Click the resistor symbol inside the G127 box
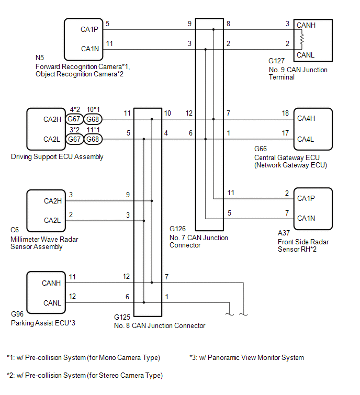[x=301, y=40]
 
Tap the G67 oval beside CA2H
[x=74, y=119]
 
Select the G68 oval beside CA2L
[x=93, y=139]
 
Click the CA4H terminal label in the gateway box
[x=306, y=118]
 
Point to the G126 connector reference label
[x=177, y=229]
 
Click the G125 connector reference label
[x=122, y=317]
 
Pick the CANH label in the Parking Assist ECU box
[x=51, y=283]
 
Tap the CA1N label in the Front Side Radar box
[x=306, y=218]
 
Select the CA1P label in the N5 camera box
[x=89, y=29]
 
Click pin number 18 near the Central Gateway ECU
[x=285, y=113]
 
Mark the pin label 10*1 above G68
[x=93, y=109]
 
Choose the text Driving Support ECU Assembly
[x=57, y=156]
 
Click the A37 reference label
[x=284, y=233]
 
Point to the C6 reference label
[x=15, y=230]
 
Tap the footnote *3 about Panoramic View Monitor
[x=246, y=358]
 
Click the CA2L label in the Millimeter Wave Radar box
[x=52, y=220]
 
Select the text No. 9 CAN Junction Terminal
[x=298, y=73]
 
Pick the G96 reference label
[x=17, y=314]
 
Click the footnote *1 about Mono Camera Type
[x=83, y=358]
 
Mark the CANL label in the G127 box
[x=306, y=55]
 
